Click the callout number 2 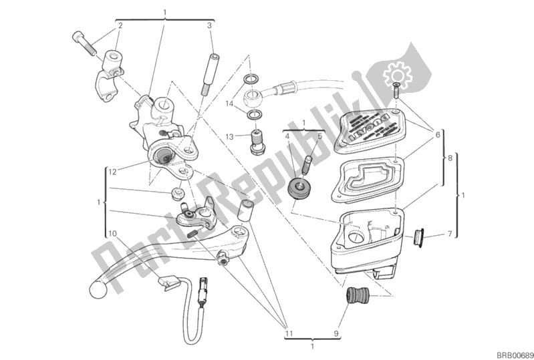click(x=120, y=25)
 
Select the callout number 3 click(x=209, y=25)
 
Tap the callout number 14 click(x=229, y=104)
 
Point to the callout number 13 click(x=229, y=136)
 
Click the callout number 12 click(x=112, y=172)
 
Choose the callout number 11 click(x=289, y=329)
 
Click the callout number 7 click(x=450, y=233)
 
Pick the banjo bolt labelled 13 click(x=255, y=140)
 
